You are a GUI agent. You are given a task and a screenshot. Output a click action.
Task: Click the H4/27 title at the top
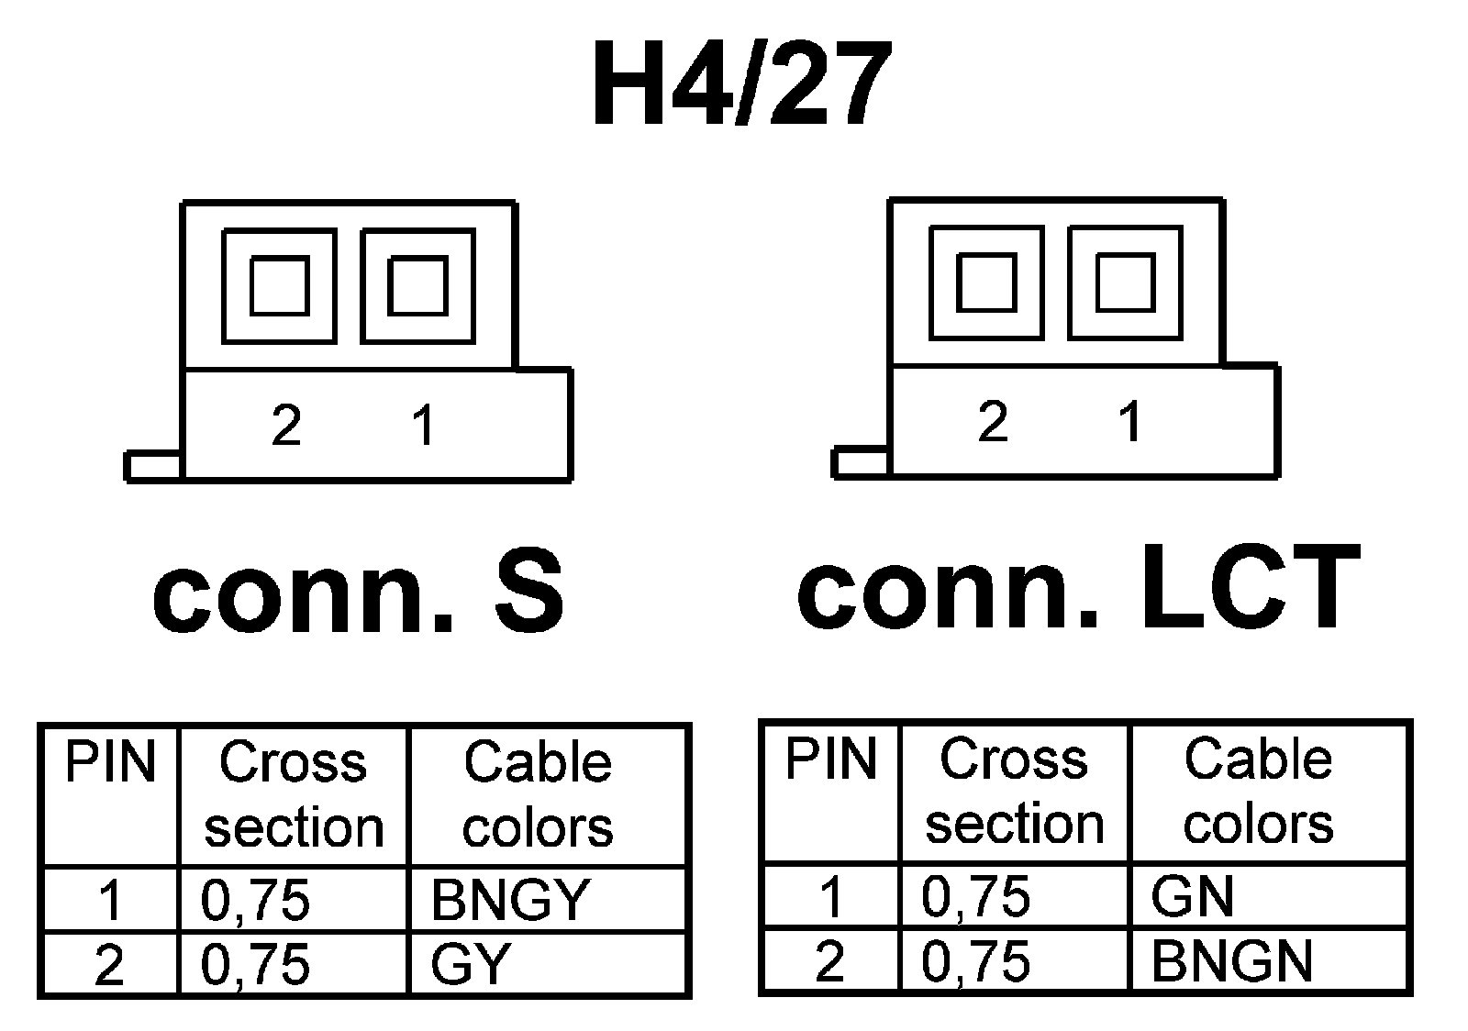[741, 85]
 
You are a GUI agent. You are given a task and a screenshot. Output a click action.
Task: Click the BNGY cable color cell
[510, 900]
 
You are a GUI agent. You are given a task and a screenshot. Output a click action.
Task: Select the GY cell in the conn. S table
[470, 964]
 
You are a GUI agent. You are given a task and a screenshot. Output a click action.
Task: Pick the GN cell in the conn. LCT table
[1193, 896]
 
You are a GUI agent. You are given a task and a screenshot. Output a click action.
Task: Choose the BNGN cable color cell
[1231, 961]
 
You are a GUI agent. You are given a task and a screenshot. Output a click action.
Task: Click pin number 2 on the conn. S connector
[286, 426]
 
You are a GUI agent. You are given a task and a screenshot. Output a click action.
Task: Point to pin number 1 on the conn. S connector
[423, 426]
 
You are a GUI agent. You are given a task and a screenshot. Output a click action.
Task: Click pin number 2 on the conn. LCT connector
[993, 422]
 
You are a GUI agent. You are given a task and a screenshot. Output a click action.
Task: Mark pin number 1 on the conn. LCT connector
[1129, 422]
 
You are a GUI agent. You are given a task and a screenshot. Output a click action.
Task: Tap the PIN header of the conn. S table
[110, 763]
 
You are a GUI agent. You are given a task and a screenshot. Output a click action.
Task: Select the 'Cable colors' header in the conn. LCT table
[1259, 791]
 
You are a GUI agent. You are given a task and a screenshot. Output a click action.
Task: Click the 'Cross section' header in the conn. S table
[294, 794]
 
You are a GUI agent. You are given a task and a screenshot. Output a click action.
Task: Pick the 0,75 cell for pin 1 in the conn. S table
[256, 900]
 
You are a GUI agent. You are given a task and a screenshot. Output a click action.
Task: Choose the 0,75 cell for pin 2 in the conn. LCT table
[976, 961]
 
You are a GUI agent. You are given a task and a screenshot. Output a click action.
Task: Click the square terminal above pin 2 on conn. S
[279, 286]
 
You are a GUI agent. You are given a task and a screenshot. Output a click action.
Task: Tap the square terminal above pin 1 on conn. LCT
[1125, 283]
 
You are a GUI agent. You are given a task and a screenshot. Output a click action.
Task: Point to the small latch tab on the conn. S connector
[153, 466]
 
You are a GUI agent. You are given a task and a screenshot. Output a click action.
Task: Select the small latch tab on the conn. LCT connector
[861, 462]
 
